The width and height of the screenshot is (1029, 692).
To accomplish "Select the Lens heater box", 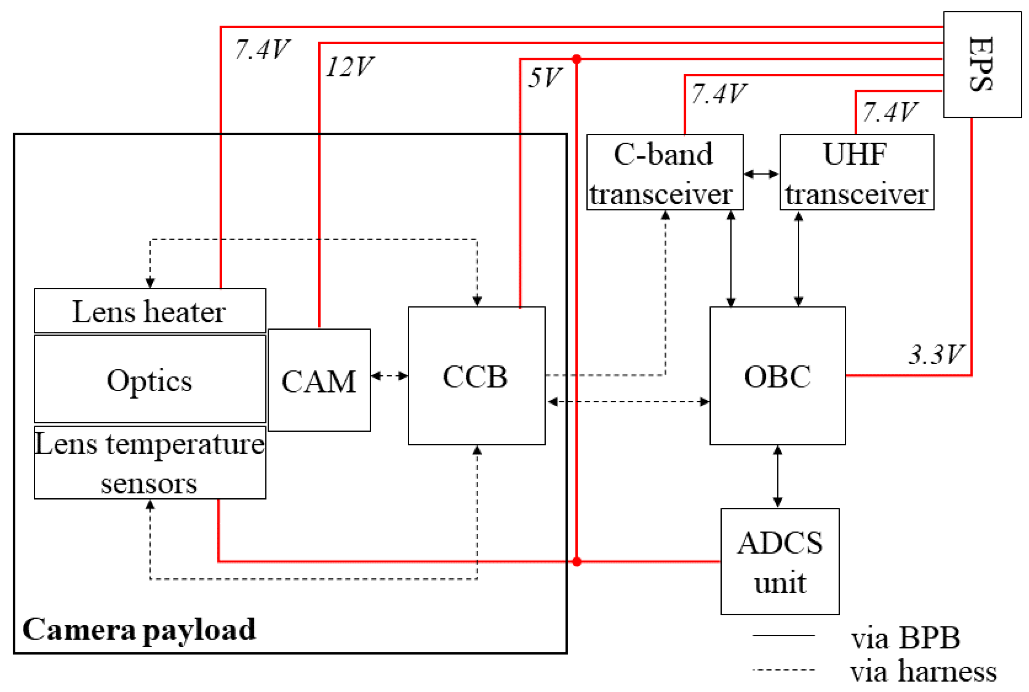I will (x=150, y=311).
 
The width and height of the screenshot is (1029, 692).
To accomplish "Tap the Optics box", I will (x=150, y=379).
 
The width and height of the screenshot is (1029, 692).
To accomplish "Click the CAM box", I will (x=319, y=380).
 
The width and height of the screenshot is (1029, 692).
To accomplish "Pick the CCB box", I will (x=476, y=376).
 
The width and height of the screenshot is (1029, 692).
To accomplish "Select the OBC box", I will (x=777, y=376).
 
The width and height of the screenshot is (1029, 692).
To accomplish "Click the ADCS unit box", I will (x=779, y=561).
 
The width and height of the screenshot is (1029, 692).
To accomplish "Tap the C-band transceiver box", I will (x=664, y=172).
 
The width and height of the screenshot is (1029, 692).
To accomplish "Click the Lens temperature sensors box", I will (x=150, y=463).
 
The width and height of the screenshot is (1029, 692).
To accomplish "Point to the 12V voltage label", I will (x=350, y=67).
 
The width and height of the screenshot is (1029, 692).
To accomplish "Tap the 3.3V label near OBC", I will (x=935, y=354).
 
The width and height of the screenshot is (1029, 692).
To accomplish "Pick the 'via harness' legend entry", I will (x=922, y=672).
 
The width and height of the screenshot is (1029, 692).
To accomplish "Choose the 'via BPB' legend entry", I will (x=905, y=638).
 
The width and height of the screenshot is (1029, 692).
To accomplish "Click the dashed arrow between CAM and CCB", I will (x=389, y=376).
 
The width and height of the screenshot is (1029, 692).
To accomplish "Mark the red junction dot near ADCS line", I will (x=576, y=561).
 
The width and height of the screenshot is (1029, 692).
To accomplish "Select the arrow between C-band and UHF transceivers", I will (x=761, y=174).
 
